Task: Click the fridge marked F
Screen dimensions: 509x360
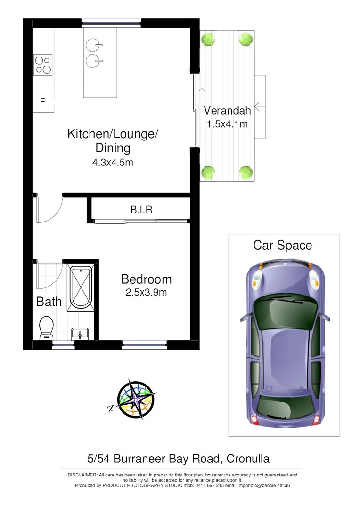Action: (x=43, y=101)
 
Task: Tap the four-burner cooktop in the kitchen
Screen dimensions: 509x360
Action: (x=43, y=65)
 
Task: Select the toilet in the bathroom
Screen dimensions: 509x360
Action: (x=46, y=327)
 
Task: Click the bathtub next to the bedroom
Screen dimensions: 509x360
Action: (x=80, y=287)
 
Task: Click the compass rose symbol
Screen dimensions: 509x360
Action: (x=136, y=400)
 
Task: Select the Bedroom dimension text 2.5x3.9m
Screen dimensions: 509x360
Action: (x=146, y=292)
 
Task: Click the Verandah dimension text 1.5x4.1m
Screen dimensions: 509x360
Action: (x=227, y=124)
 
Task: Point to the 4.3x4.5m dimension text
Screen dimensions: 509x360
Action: (x=113, y=163)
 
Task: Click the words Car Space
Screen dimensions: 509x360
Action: (x=282, y=246)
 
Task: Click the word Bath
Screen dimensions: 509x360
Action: (x=49, y=302)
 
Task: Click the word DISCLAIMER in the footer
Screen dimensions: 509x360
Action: (x=83, y=475)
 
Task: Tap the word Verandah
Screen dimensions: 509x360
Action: (x=227, y=111)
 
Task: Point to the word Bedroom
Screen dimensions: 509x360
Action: (x=146, y=279)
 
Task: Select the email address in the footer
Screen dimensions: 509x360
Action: (x=264, y=485)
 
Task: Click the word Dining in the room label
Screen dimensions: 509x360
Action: (x=113, y=148)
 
